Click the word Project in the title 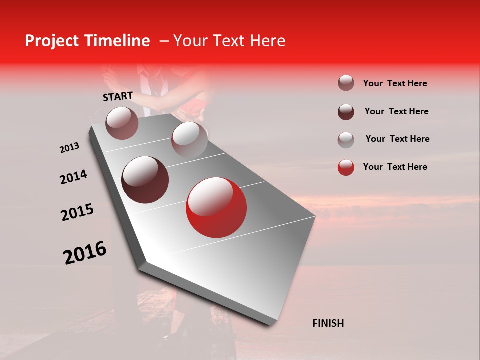[x=53, y=41]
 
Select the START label [x=118, y=96]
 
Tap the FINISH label [x=328, y=323]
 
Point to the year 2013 [x=69, y=148]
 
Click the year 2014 [x=73, y=177]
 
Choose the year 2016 [x=85, y=253]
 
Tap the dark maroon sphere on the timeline [x=145, y=179]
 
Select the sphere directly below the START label [x=122, y=123]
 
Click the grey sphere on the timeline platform [x=189, y=139]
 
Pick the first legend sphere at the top [x=346, y=83]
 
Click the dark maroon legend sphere [x=346, y=111]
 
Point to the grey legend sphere [x=346, y=139]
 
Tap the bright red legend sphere [x=346, y=167]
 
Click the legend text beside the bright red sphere [x=395, y=167]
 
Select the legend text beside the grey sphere [x=397, y=139]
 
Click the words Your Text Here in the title [x=229, y=41]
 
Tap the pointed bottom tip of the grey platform [x=272, y=323]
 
